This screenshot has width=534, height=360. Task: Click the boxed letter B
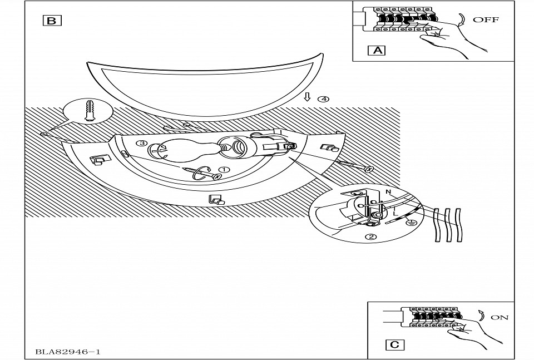click(x=52, y=21)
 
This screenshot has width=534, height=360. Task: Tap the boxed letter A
click(x=378, y=50)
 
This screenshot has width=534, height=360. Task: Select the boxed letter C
click(x=394, y=344)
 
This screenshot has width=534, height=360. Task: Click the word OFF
click(x=486, y=20)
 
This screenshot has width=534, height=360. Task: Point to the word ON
click(x=500, y=318)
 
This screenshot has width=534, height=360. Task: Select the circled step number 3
click(x=143, y=144)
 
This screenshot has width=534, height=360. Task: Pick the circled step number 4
click(x=323, y=99)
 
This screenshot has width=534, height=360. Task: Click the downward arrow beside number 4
click(x=307, y=97)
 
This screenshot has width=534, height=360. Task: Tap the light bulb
click(x=184, y=149)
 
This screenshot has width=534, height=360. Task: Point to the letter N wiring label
click(x=388, y=191)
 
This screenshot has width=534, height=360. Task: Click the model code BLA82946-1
click(x=68, y=352)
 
